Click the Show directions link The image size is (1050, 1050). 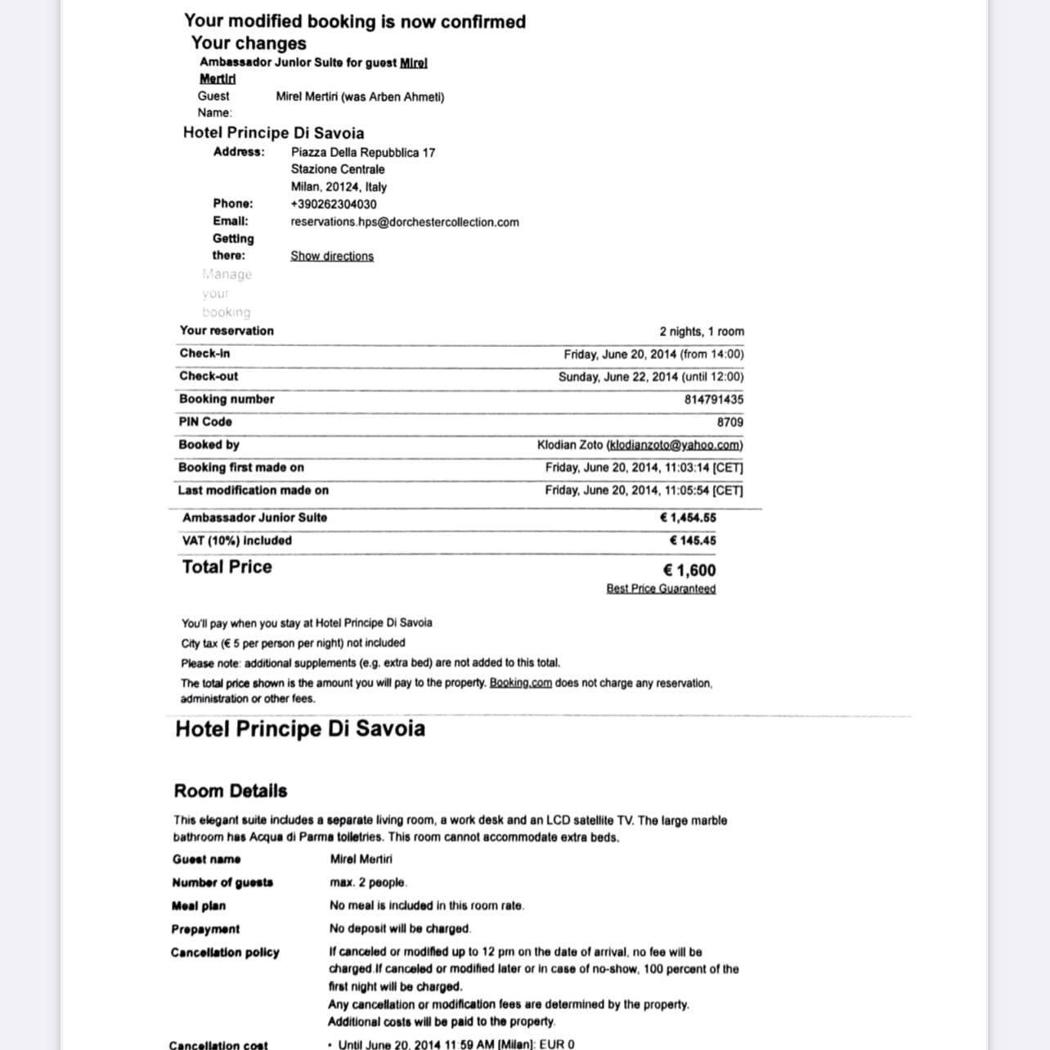pos(332,256)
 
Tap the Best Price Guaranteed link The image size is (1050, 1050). pos(661,589)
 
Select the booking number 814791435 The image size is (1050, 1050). pos(714,400)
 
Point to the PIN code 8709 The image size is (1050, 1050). pos(729,423)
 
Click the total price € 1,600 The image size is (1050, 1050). pos(689,570)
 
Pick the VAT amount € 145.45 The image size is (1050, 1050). pos(692,541)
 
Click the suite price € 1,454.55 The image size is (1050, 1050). pos(688,518)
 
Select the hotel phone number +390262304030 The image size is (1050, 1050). pos(334,204)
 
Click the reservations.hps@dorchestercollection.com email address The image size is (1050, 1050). pos(405,222)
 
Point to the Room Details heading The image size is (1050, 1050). pos(231,791)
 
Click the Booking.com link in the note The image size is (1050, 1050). pos(520,683)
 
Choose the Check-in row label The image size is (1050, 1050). pos(204,353)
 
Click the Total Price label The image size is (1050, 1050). pos(227,567)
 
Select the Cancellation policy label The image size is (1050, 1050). pos(225,953)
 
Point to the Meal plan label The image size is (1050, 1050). pos(199,906)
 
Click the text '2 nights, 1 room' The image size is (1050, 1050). pos(702,331)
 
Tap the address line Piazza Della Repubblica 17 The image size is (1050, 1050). pos(363,153)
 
